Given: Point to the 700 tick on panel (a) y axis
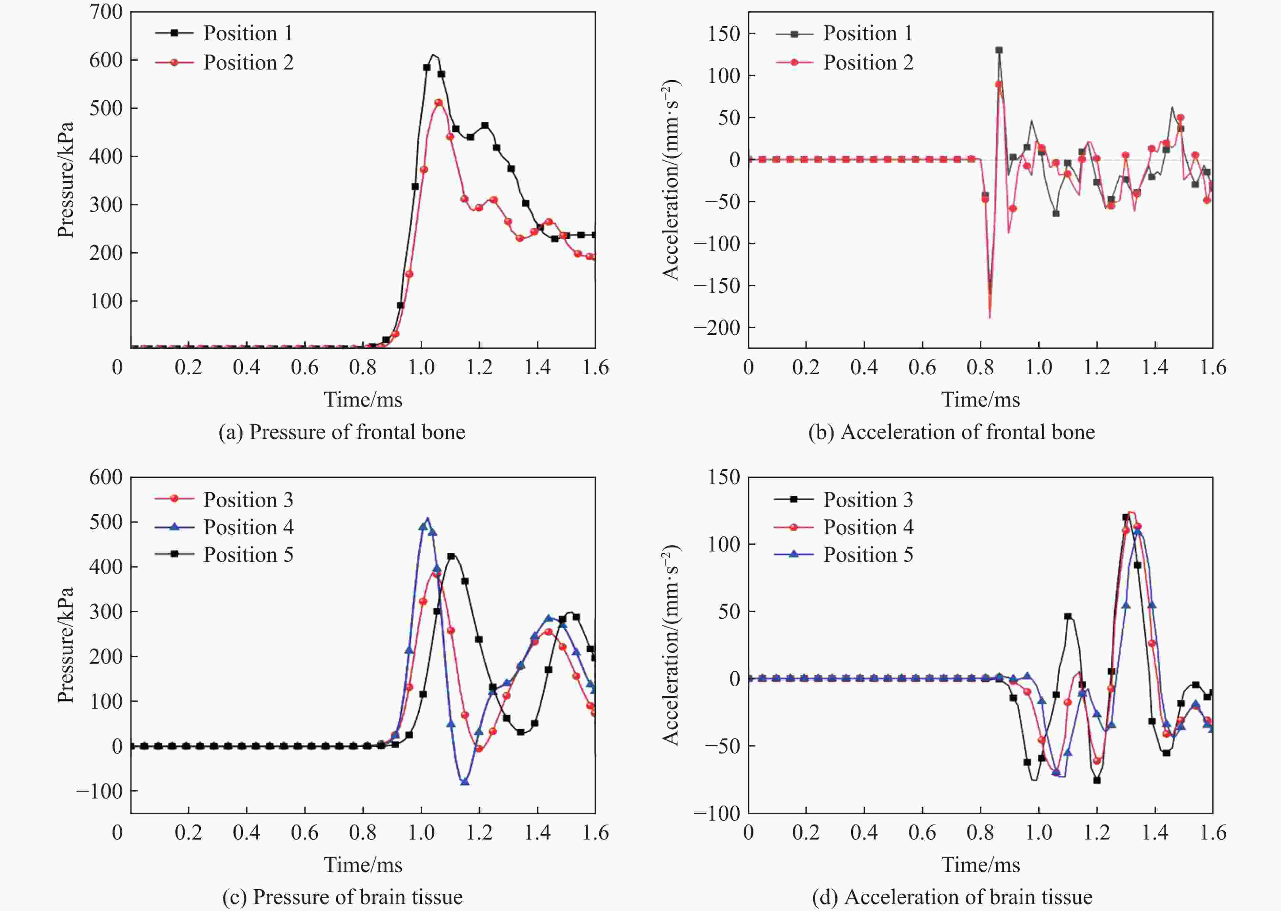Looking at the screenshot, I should tap(106, 12).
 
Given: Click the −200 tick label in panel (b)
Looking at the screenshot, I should tap(717, 328).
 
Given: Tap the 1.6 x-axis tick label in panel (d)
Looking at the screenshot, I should tap(1213, 832).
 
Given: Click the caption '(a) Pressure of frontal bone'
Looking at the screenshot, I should tap(342, 432).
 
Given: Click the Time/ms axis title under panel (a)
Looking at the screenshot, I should tap(363, 399).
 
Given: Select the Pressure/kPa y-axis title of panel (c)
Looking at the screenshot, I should tap(66, 645).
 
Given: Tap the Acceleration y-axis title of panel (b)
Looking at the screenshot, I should tap(671, 179).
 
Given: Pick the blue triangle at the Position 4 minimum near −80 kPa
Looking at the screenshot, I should tap(464, 781).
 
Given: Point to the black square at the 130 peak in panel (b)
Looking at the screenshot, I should tap(999, 50).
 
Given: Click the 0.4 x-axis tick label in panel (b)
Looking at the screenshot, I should tap(864, 368).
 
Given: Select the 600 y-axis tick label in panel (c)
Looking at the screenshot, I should tap(106, 477).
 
